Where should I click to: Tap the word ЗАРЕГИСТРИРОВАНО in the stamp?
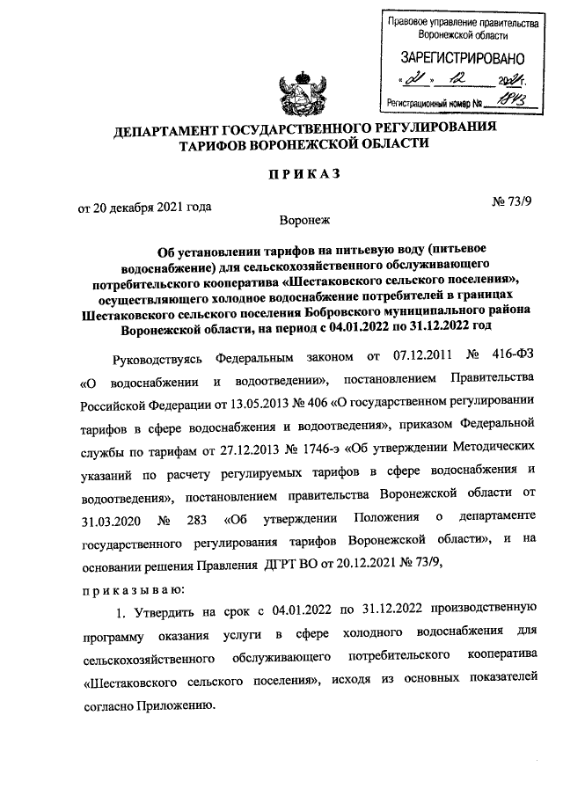[455, 58]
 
